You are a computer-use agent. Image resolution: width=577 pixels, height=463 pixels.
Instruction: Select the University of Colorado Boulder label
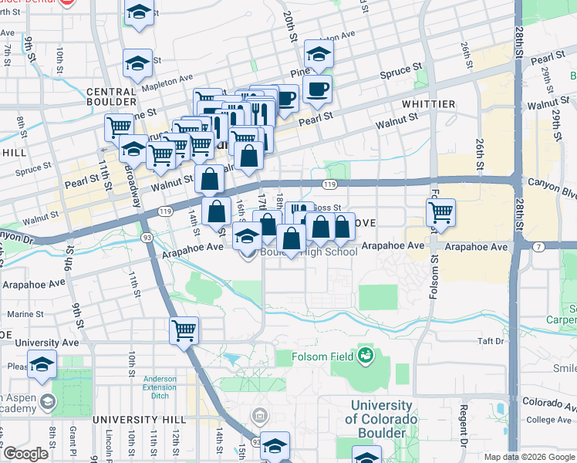click(381, 419)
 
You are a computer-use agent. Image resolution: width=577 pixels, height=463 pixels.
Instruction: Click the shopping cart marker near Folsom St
click(440, 212)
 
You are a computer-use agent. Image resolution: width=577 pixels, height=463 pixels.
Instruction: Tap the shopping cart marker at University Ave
click(184, 330)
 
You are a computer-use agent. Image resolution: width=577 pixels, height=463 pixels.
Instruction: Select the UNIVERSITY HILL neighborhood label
click(129, 419)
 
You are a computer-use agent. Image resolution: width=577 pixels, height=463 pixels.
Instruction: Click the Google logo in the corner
click(25, 454)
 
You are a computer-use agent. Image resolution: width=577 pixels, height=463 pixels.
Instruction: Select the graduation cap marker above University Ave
click(42, 363)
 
